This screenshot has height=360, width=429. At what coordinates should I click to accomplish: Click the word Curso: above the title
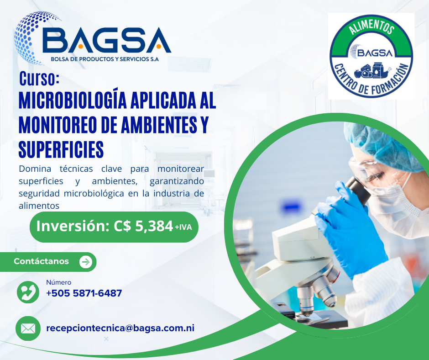tap(39, 79)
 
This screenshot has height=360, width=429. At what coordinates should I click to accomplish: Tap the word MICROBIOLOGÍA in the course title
tap(73, 101)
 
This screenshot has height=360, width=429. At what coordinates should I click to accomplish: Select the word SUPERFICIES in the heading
tap(61, 149)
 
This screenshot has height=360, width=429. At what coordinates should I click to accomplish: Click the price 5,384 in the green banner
tap(154, 226)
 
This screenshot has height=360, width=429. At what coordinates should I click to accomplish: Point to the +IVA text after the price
tap(183, 227)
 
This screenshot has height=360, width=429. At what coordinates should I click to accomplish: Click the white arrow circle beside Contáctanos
tap(86, 262)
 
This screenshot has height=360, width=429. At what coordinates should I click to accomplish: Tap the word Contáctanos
tap(42, 261)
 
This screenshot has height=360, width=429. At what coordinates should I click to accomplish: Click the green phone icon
tap(28, 292)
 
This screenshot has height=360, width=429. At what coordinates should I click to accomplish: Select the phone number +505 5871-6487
tap(84, 293)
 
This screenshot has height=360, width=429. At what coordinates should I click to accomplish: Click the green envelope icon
tap(28, 328)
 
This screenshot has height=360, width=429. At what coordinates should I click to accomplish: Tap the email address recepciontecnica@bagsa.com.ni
tap(120, 328)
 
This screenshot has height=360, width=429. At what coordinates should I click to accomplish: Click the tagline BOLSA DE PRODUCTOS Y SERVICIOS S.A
tap(105, 59)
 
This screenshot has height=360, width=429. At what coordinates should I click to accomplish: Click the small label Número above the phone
tap(58, 282)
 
